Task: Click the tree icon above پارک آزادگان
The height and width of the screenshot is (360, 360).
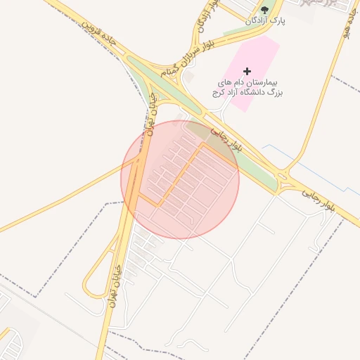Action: click(x=264, y=10)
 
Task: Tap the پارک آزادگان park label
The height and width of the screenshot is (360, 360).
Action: click(x=267, y=22)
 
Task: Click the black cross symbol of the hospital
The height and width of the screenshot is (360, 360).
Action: click(x=247, y=71)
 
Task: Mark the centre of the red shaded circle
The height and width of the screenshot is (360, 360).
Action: click(x=180, y=179)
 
